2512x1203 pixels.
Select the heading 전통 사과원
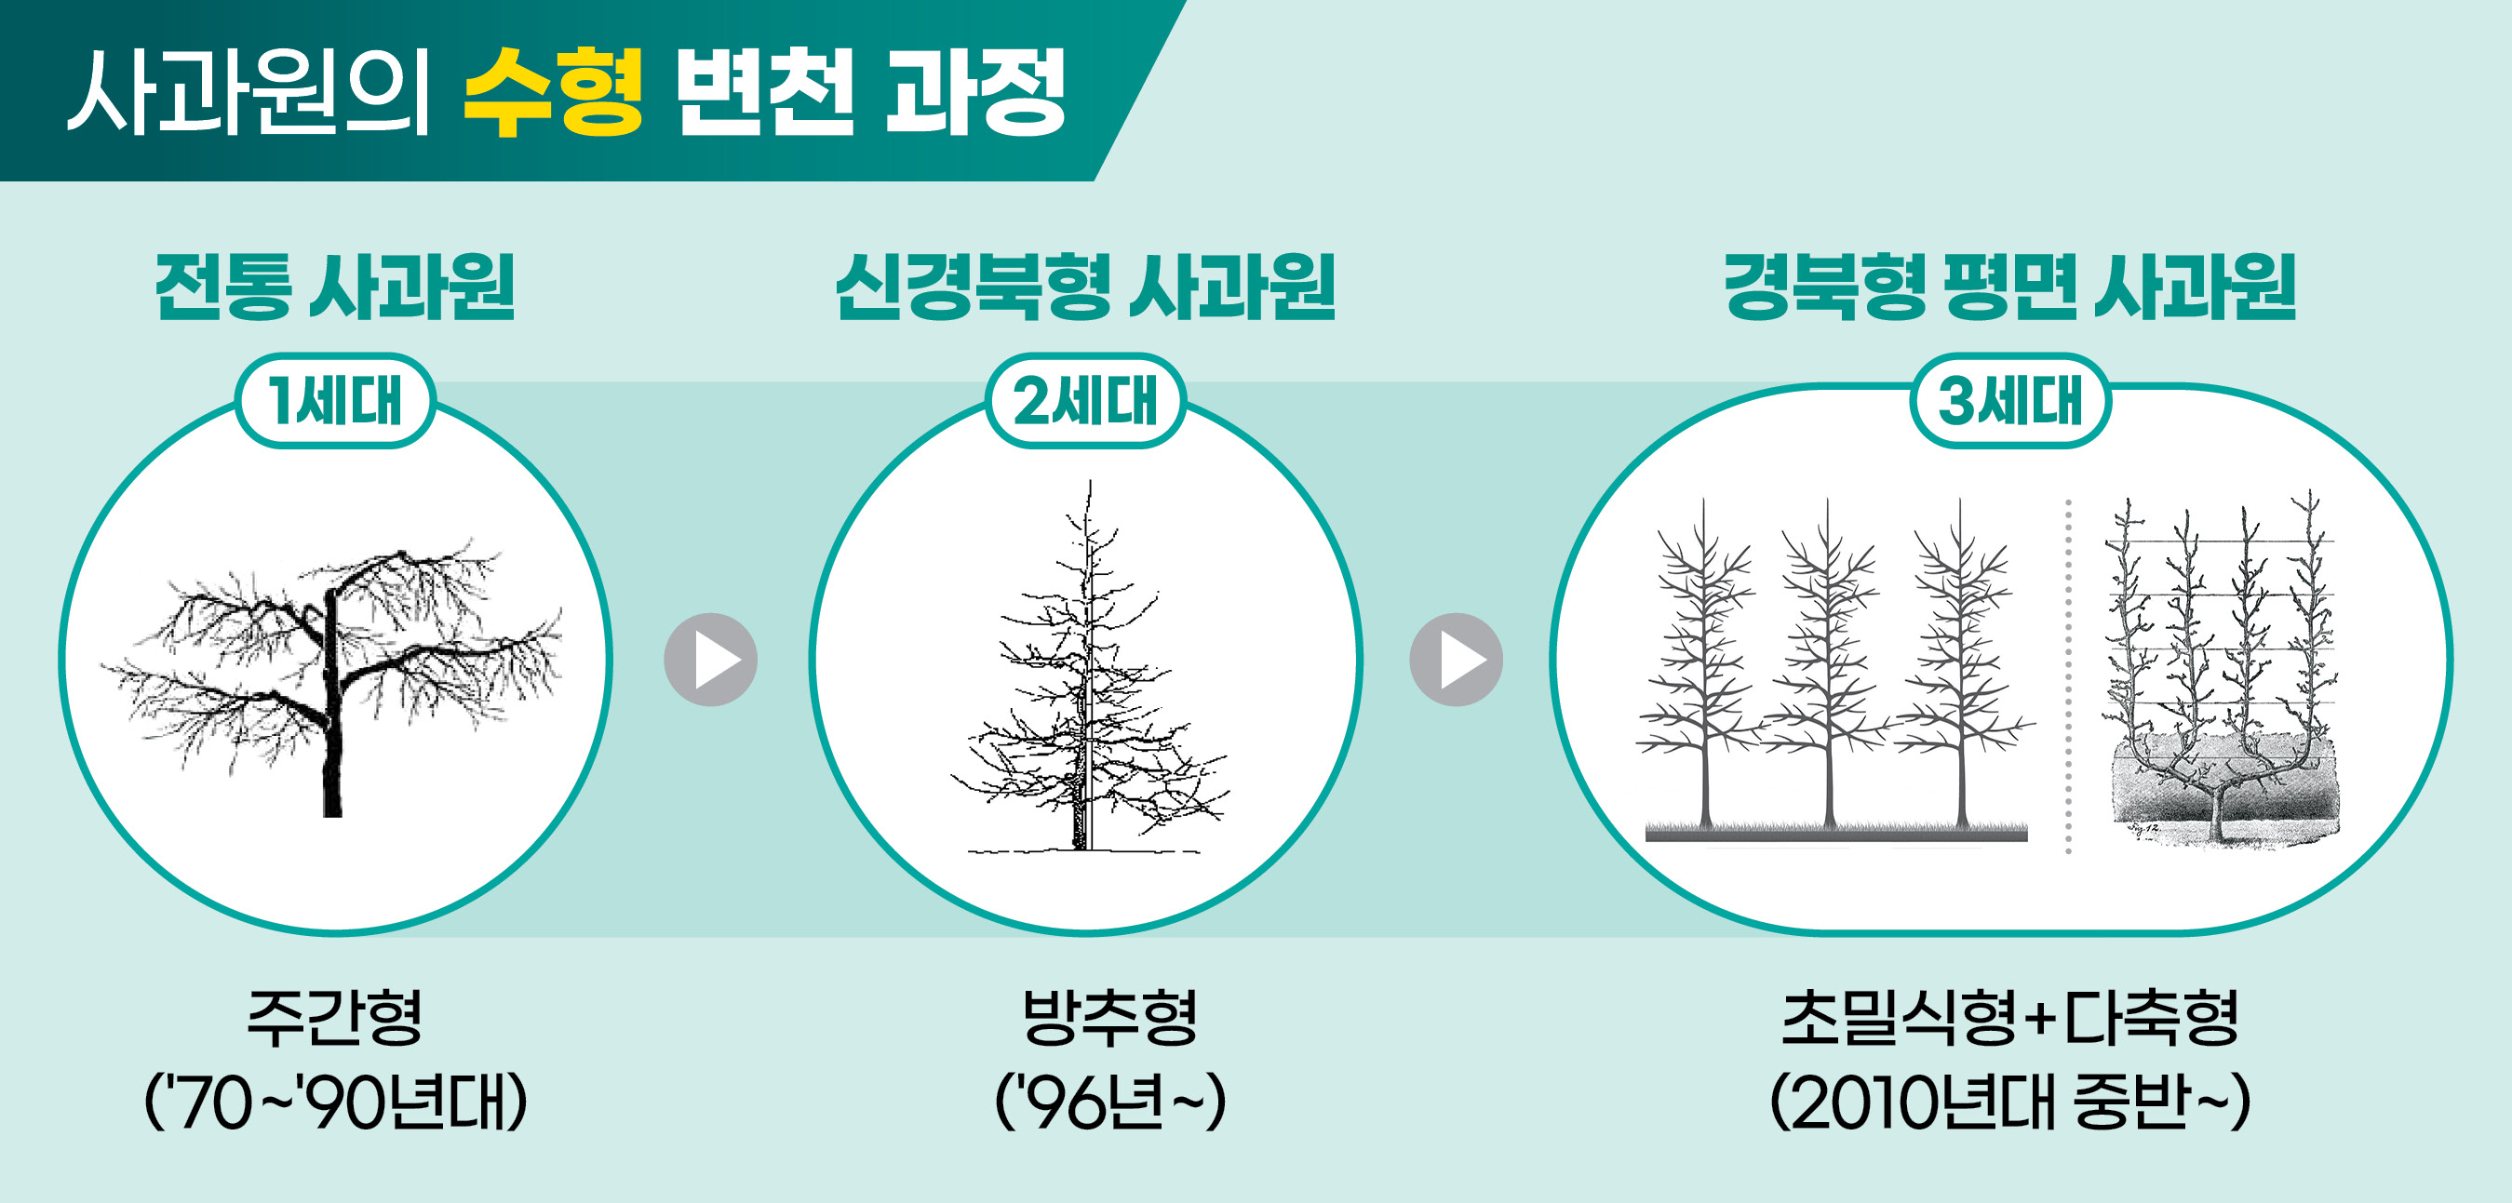pyautogui.click(x=334, y=287)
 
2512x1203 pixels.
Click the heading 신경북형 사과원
pyautogui.click(x=1085, y=287)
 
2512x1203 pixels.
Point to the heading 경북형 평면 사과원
pyautogui.click(x=2009, y=287)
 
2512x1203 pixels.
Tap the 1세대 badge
pyautogui.click(x=335, y=401)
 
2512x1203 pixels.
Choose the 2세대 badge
pyautogui.click(x=1085, y=401)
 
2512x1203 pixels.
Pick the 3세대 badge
pyautogui.click(x=2009, y=401)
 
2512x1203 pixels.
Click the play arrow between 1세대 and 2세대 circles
pyautogui.click(x=711, y=660)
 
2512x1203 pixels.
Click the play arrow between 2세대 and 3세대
pyautogui.click(x=1456, y=660)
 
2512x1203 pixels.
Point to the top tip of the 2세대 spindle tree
pyautogui.click(x=1090, y=481)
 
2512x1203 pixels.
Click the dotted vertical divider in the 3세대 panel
pyautogui.click(x=2068, y=676)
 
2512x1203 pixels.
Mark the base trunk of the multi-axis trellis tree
pyautogui.click(x=2221, y=814)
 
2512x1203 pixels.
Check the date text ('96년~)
pyautogui.click(x=1109, y=1102)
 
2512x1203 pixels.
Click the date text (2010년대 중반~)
pyautogui.click(x=2009, y=1102)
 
